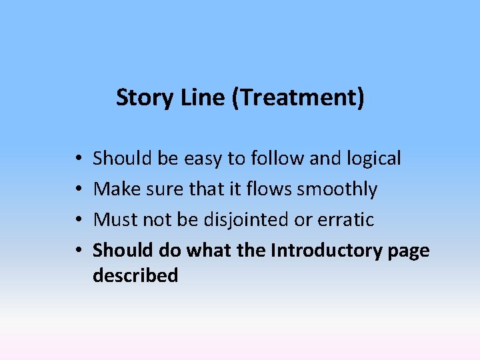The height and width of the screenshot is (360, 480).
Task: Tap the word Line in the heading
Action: click(193, 97)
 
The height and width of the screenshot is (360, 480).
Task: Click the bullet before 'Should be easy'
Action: click(78, 159)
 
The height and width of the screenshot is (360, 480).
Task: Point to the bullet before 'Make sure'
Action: click(78, 190)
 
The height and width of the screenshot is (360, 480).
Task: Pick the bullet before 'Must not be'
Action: click(78, 220)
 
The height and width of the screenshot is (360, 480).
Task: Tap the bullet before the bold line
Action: click(78, 251)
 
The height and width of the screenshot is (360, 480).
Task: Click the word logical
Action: click(375, 159)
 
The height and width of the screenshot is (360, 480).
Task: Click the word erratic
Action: click(347, 219)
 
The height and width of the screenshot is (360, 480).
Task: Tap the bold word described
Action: click(135, 275)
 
